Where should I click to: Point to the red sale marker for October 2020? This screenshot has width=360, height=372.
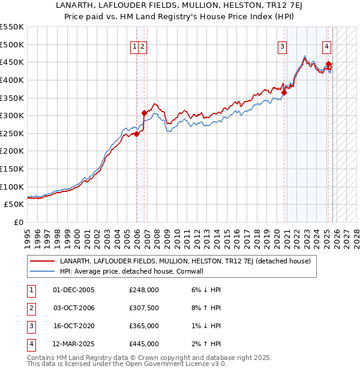(284, 92)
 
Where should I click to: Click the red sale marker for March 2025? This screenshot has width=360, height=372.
(328, 64)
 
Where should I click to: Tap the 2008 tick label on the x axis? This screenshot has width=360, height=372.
(157, 237)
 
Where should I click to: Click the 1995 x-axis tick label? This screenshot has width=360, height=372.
(28, 237)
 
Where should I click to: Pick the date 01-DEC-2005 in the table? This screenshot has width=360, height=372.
(74, 290)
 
